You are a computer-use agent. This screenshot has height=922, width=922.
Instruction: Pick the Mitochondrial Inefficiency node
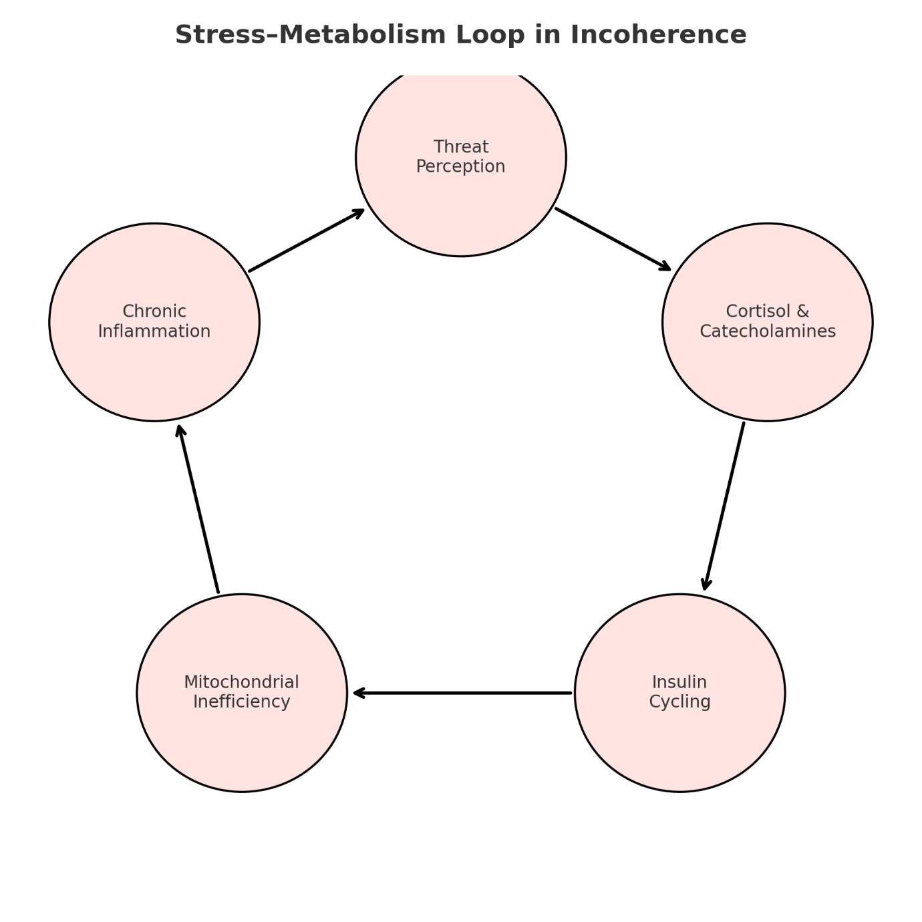(x=242, y=742)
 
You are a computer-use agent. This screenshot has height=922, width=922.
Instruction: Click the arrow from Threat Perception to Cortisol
(x=613, y=239)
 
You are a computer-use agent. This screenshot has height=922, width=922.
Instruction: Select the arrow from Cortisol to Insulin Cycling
(x=724, y=506)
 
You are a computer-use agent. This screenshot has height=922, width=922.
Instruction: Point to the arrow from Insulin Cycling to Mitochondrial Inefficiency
(x=462, y=693)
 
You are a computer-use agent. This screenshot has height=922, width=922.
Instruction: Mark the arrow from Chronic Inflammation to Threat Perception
(x=307, y=241)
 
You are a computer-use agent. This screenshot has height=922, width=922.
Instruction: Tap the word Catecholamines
(x=768, y=331)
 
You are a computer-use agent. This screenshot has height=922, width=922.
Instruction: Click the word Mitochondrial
(x=241, y=682)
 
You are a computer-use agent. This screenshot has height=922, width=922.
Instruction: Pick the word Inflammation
(x=154, y=331)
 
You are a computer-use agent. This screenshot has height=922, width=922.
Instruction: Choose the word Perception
(x=461, y=167)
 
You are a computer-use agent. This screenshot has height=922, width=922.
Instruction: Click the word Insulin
(x=679, y=682)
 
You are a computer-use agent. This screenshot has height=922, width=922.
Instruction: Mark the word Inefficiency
(x=241, y=702)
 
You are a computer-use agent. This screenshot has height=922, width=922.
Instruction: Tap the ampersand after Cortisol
(x=802, y=311)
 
